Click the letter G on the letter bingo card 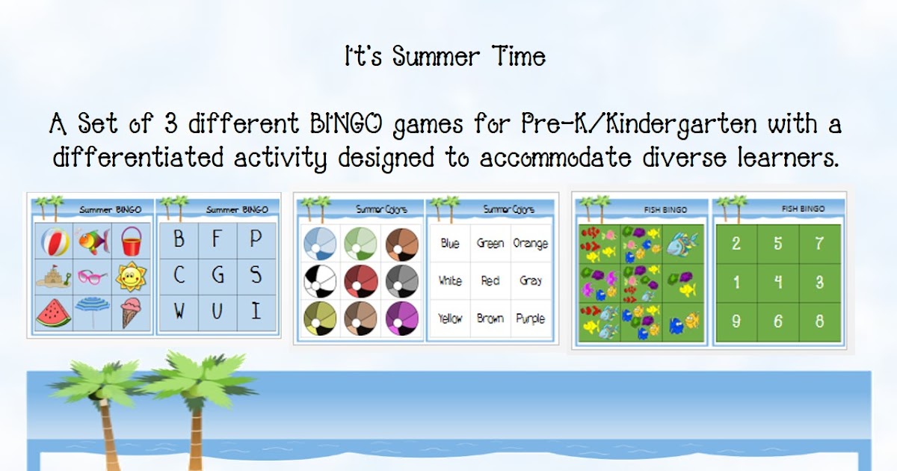tap(218, 275)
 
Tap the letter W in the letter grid tap(179, 311)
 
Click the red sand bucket tap(132, 241)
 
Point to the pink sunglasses tap(92, 277)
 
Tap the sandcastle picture tap(54, 277)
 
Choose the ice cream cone tap(131, 313)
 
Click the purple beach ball tap(401, 318)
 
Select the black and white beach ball tap(320, 281)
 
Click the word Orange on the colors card tap(530, 244)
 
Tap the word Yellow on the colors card tap(450, 318)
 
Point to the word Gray tap(531, 281)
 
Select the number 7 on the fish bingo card tap(819, 243)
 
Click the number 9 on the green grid tap(736, 321)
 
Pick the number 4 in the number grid tap(778, 282)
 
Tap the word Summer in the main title tap(436, 57)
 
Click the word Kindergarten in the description tap(681, 125)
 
